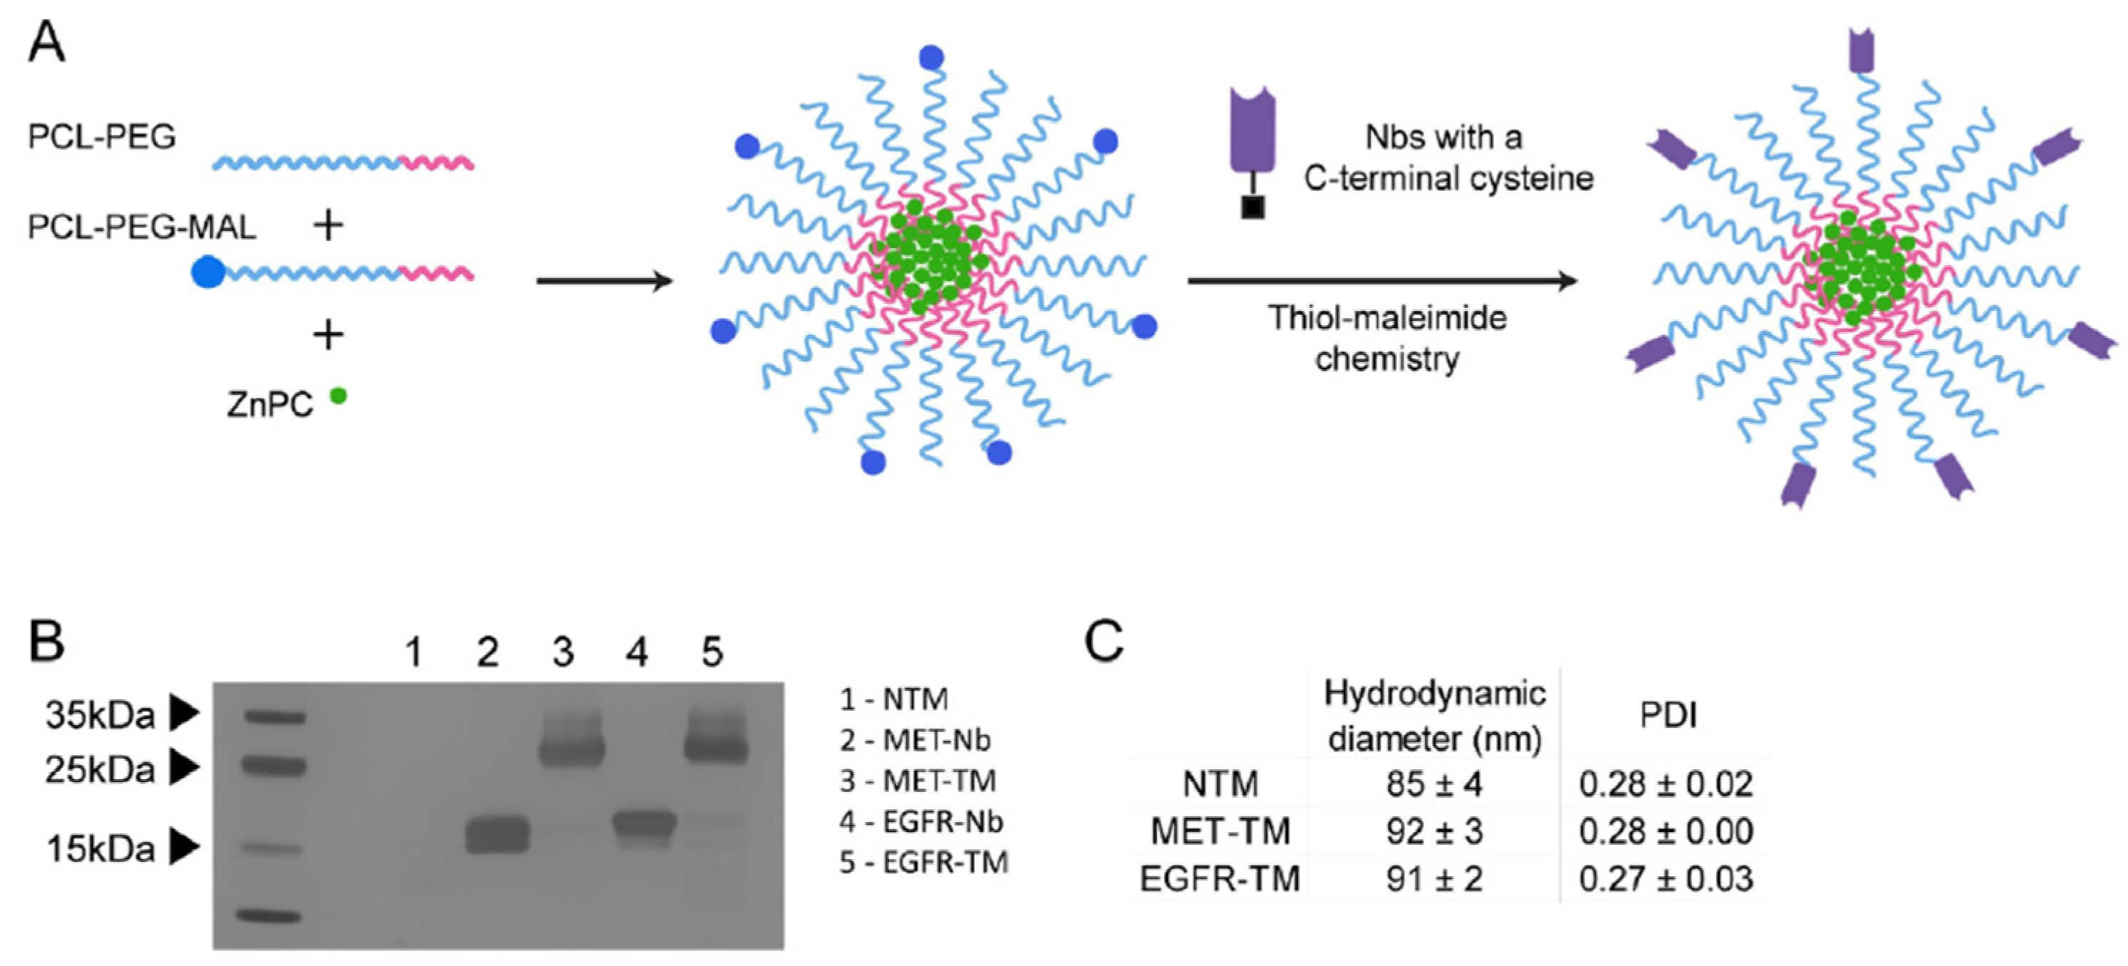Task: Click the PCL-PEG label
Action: coord(101,136)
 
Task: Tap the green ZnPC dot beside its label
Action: coord(338,396)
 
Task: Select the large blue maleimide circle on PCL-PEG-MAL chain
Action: coord(208,272)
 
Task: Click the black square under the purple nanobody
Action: coord(1252,207)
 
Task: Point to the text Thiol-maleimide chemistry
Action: coord(1387,339)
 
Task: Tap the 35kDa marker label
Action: coord(100,715)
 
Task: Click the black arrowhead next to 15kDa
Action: coord(184,847)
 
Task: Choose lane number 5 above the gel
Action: coord(712,652)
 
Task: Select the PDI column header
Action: coord(1668,715)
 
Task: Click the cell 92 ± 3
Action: coord(1434,831)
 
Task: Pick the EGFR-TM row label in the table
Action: coord(1219,878)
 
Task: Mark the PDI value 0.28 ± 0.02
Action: coord(1665,783)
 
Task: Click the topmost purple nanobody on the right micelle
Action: coord(1861,51)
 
